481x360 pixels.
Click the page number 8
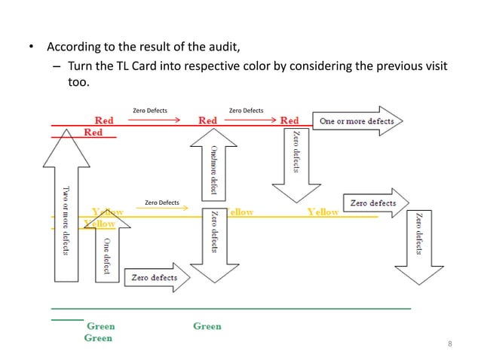click(x=450, y=344)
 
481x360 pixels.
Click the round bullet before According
click(x=32, y=50)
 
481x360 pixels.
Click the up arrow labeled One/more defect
click(x=213, y=162)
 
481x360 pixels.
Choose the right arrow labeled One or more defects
click(x=356, y=121)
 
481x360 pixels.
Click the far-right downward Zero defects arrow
click(x=418, y=241)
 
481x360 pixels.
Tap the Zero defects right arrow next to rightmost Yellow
click(x=375, y=203)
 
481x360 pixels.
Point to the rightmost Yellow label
click(x=323, y=212)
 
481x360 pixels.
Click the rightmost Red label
click(x=289, y=121)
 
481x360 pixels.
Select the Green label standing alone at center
click(x=207, y=326)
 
